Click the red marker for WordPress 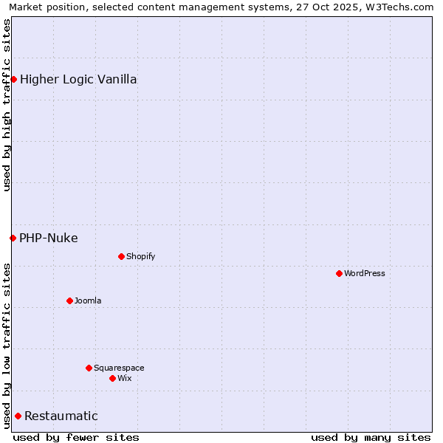click(x=339, y=273)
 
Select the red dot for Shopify click(x=121, y=256)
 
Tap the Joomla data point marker click(x=69, y=301)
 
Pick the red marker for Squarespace click(x=89, y=368)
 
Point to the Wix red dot click(x=112, y=378)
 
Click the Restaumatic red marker click(x=18, y=416)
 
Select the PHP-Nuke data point click(x=13, y=238)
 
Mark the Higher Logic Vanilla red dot click(x=13, y=79)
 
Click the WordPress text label click(x=365, y=273)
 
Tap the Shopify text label click(x=140, y=256)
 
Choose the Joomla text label click(x=88, y=301)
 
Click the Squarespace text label click(x=119, y=368)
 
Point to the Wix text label click(x=124, y=378)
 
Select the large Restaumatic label click(x=61, y=416)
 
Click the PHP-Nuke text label click(x=49, y=238)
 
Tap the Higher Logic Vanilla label click(x=78, y=79)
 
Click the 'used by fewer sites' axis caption click(x=76, y=437)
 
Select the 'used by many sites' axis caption click(x=371, y=437)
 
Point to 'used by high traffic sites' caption click(x=7, y=105)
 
